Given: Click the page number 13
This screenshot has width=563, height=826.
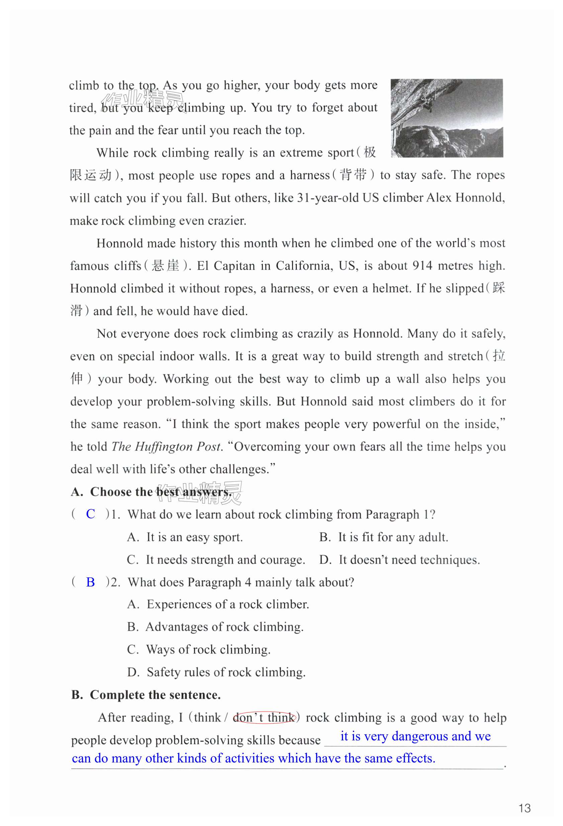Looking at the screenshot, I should pyautogui.click(x=524, y=808).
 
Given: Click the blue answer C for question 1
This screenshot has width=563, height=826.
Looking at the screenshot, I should pyautogui.click(x=91, y=514).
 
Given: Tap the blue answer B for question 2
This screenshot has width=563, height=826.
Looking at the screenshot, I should pyautogui.click(x=91, y=582).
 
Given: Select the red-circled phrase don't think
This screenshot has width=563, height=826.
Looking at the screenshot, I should pyautogui.click(x=264, y=717).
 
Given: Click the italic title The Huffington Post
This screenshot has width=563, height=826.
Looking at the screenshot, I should pyautogui.click(x=166, y=446).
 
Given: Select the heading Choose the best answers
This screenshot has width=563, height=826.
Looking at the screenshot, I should pyautogui.click(x=152, y=491).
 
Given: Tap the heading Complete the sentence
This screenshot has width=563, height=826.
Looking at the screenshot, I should pyautogui.click(x=146, y=695).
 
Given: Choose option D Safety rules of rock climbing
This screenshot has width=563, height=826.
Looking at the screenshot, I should pyautogui.click(x=216, y=672).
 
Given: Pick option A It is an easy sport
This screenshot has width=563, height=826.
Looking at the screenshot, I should pyautogui.click(x=185, y=537).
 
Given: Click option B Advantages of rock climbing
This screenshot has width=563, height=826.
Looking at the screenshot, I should pyautogui.click(x=215, y=627).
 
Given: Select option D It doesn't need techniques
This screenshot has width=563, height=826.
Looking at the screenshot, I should pyautogui.click(x=399, y=559).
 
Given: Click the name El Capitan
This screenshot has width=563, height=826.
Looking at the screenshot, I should pyautogui.click(x=226, y=266).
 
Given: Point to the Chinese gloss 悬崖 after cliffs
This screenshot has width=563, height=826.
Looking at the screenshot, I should pyautogui.click(x=165, y=266).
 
